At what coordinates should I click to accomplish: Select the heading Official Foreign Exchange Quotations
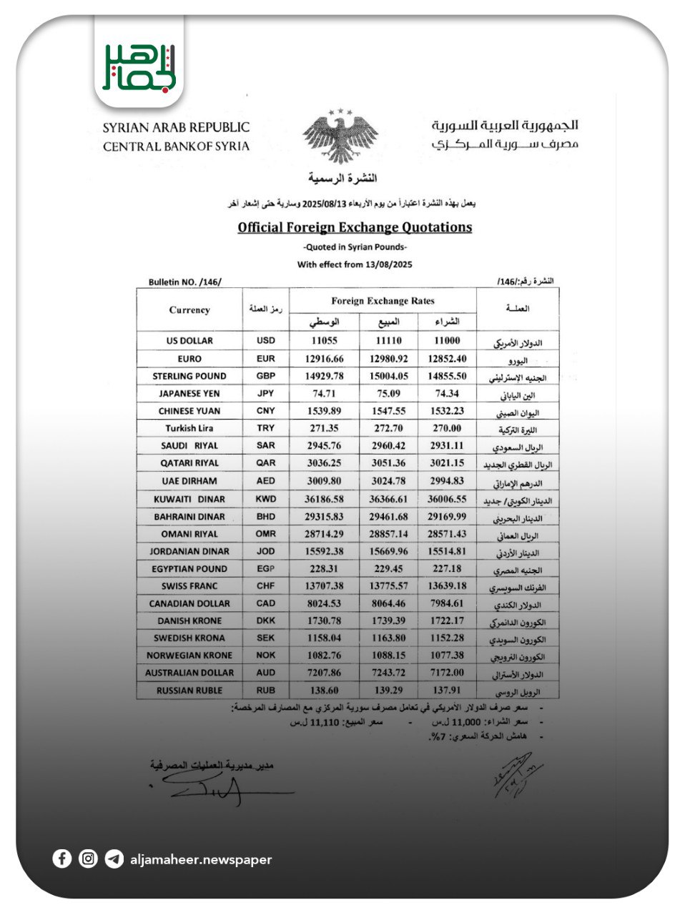[x=355, y=227]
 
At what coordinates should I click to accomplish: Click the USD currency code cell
[x=265, y=341]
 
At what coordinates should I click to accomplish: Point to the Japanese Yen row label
[x=189, y=393]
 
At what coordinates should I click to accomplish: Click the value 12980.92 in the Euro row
[x=389, y=359]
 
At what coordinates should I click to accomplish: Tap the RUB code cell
[x=265, y=691]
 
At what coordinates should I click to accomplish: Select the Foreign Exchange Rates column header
[x=383, y=301]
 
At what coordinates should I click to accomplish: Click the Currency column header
[x=189, y=310]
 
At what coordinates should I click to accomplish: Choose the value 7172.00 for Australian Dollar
[x=448, y=673]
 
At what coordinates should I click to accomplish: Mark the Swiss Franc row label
[x=189, y=586]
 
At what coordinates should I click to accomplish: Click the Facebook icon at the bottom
[x=62, y=859]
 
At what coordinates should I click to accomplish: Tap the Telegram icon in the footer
[x=114, y=859]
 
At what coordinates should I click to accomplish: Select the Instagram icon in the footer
[x=88, y=859]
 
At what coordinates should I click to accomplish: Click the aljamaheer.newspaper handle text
[x=201, y=859]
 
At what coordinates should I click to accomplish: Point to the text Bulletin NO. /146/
[x=184, y=282]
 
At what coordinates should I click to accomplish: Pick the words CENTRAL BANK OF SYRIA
[x=176, y=147]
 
